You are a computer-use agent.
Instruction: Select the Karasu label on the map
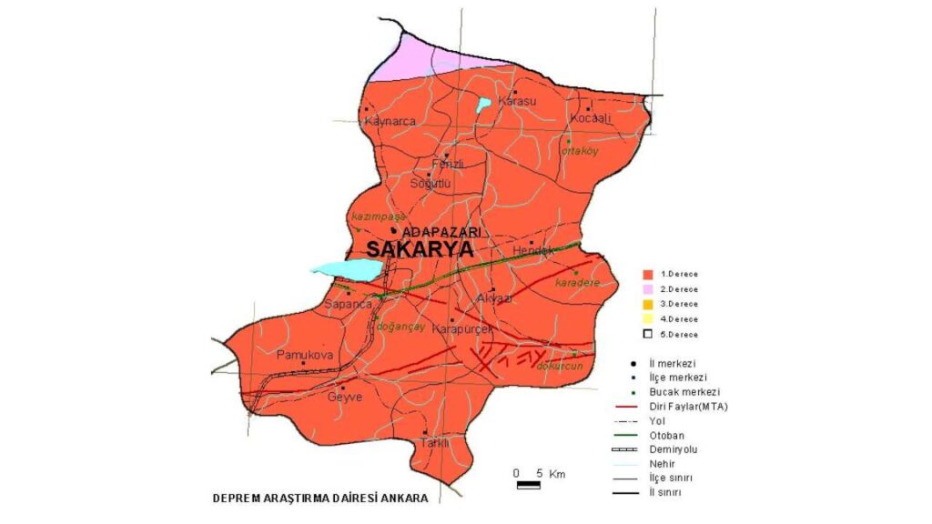518,101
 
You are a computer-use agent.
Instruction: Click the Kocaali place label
589,119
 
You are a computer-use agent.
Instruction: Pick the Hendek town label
533,250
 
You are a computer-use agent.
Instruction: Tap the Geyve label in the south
345,397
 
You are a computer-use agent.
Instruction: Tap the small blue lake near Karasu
483,104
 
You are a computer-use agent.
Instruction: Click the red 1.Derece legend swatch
648,274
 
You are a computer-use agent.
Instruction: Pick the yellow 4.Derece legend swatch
648,319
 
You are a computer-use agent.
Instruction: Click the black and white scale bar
528,486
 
